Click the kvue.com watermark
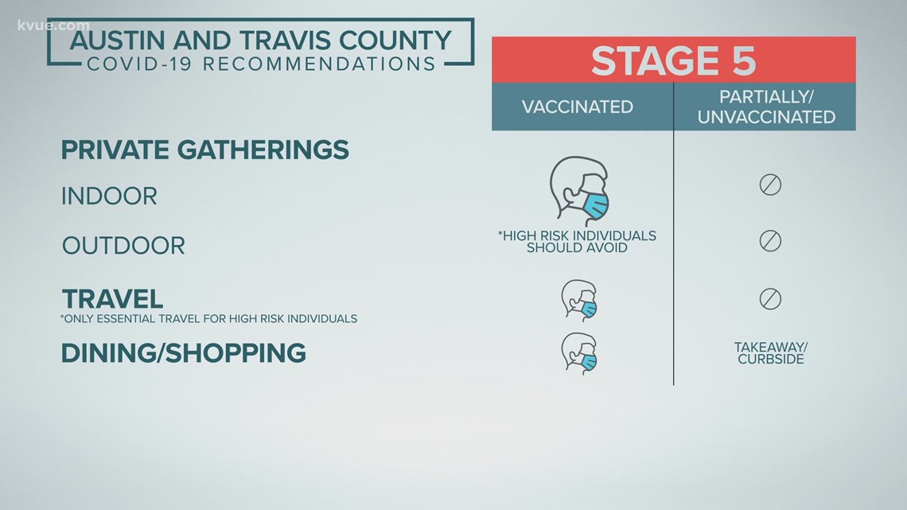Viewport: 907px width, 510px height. (53, 25)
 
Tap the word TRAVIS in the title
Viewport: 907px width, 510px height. (284, 41)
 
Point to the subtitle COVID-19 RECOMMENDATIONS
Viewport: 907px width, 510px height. (262, 64)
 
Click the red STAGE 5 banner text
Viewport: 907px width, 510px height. (673, 60)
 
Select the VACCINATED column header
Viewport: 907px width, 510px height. (578, 107)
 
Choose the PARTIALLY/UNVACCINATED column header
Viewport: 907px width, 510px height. (766, 107)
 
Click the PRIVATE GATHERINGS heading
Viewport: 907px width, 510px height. (204, 150)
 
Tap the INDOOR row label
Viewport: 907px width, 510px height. (109, 197)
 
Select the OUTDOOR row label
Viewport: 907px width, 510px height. (123, 246)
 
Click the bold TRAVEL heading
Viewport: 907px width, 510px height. (112, 299)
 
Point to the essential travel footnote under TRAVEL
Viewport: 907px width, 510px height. (208, 318)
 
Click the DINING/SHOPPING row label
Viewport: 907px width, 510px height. (183, 353)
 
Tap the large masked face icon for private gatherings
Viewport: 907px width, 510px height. (579, 191)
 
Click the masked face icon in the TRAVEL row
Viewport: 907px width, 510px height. (579, 301)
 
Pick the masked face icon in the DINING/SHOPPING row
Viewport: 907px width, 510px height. (579, 353)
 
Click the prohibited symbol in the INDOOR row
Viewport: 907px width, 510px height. (770, 185)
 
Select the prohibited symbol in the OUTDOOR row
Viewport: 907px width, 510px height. (770, 240)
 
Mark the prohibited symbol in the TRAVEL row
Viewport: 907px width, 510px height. (770, 299)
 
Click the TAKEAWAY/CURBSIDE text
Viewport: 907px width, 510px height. (771, 352)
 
